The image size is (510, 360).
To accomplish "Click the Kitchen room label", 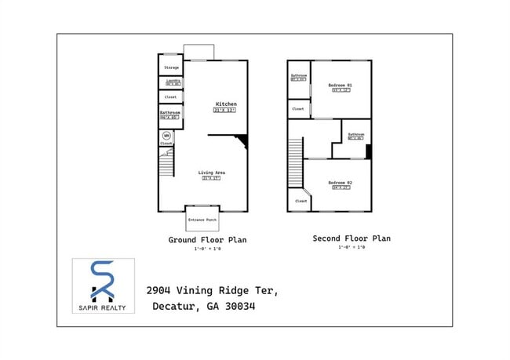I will click(x=225, y=104).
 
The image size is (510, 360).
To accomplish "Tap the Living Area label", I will click(x=210, y=173).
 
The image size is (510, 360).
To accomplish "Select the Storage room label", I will click(x=171, y=68).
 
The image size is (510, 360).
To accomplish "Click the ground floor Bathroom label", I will click(x=170, y=113).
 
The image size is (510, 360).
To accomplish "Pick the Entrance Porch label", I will click(x=202, y=220).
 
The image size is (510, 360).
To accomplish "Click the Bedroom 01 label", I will click(x=340, y=85).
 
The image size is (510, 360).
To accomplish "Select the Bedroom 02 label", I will click(x=340, y=183).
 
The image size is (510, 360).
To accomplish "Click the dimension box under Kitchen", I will click(x=225, y=111).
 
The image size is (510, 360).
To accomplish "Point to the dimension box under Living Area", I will click(x=210, y=179).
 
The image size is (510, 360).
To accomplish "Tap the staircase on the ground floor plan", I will click(x=166, y=165).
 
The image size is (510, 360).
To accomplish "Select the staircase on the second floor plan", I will click(x=296, y=162).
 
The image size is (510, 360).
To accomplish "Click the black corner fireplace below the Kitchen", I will click(x=242, y=140).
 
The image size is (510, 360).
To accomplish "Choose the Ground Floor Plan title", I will click(x=207, y=240).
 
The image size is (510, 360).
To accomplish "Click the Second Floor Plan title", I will click(x=351, y=238).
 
